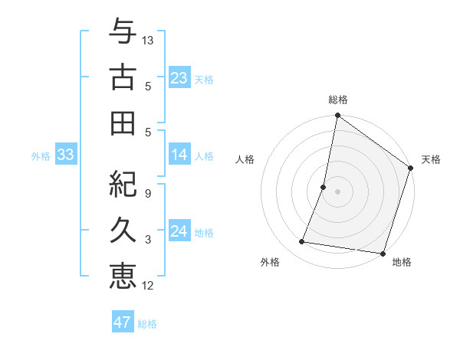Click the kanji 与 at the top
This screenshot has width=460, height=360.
point(123,31)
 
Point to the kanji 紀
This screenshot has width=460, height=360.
point(123,183)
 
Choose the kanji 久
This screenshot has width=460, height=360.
point(123,229)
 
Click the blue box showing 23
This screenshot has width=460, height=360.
point(179,77)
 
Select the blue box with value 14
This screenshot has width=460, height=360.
point(179,155)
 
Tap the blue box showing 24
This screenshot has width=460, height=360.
point(179,231)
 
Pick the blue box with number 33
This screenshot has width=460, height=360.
point(66,155)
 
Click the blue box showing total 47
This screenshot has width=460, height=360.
point(123,322)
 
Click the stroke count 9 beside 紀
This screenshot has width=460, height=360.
point(147,193)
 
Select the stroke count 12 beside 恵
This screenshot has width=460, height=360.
point(148,286)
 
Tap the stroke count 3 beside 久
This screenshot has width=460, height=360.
point(147,240)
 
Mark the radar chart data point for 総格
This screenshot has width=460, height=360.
point(337,116)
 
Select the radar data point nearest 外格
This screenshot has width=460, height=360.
point(302,242)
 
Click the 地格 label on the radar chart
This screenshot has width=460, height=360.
point(402,262)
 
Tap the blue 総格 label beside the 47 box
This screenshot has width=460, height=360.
point(147,324)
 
